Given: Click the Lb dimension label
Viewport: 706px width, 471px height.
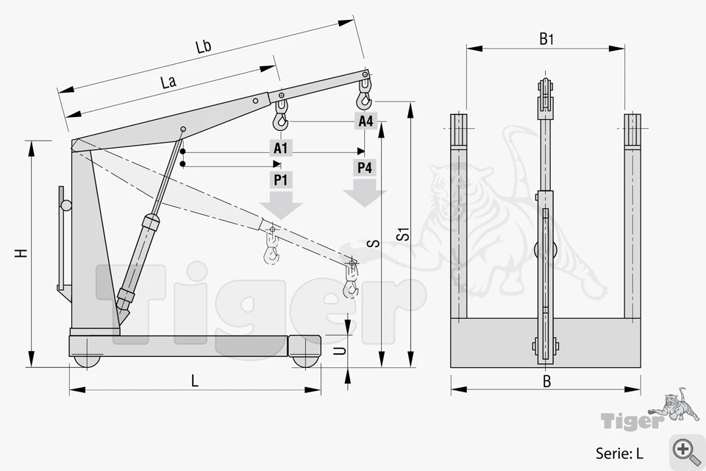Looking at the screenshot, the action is (x=204, y=46).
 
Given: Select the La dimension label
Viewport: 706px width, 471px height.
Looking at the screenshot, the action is (x=168, y=82).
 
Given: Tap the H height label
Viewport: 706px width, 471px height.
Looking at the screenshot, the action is (x=21, y=253).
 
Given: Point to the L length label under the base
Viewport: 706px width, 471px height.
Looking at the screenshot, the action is (x=194, y=381).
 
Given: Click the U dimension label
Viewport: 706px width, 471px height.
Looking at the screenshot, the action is (x=341, y=350).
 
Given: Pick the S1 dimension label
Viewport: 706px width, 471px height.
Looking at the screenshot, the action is (x=404, y=234).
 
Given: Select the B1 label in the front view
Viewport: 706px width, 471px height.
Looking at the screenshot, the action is (x=546, y=40).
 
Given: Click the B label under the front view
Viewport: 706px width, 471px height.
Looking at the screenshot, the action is (x=546, y=382).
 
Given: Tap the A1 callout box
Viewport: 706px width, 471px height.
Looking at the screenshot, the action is (x=280, y=148).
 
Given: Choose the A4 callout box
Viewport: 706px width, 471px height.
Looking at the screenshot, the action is (x=366, y=121).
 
